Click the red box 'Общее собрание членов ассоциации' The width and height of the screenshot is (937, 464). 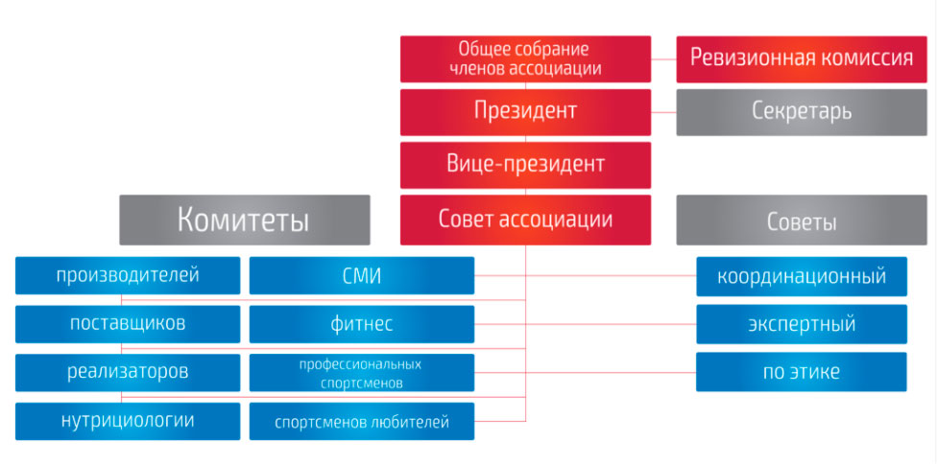[525, 58]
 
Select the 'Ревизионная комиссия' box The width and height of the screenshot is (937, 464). [802, 58]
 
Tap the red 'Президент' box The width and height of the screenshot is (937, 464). [525, 111]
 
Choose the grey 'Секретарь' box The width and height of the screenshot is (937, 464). [802, 111]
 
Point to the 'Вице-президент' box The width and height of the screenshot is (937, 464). [525, 164]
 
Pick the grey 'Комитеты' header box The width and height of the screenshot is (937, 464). [244, 220]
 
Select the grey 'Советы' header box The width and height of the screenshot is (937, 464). [802, 220]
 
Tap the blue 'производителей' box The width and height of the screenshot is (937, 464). [128, 276]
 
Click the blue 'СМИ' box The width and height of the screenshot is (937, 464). [361, 276]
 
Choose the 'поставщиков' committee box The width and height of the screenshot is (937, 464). [128, 323]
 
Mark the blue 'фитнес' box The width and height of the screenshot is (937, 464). [361, 324]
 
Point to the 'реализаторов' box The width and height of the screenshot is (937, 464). [128, 371]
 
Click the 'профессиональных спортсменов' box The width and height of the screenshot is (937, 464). [361, 373]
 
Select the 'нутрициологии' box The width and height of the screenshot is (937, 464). [128, 420]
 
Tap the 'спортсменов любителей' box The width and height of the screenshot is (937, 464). [361, 421]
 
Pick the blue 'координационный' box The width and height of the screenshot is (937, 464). [802, 276]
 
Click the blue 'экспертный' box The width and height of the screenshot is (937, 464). [802, 324]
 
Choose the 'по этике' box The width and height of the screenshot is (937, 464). [802, 371]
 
